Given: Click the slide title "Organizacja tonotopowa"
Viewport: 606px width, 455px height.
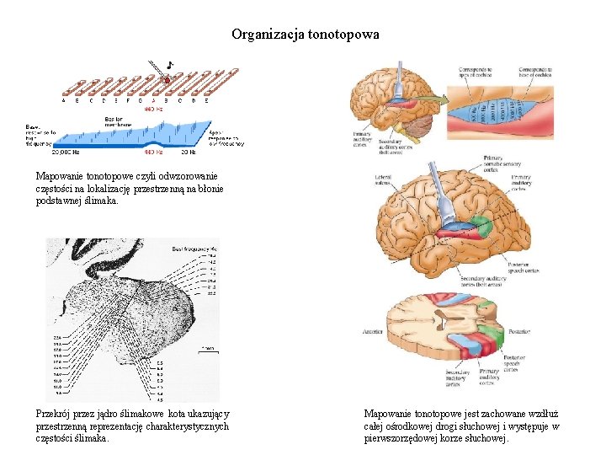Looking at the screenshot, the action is (x=306, y=35).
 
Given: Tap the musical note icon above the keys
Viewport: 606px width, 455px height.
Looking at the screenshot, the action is (x=170, y=64).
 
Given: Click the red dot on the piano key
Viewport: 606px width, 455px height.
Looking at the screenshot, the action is (x=167, y=81).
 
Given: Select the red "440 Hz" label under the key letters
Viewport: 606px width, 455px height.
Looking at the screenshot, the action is (x=153, y=109).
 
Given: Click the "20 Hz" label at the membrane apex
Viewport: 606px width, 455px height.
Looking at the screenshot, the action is (x=189, y=153).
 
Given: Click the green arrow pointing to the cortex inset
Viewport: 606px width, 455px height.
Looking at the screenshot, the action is (x=433, y=99).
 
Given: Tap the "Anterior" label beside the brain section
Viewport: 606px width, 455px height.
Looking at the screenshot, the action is (x=372, y=331).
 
